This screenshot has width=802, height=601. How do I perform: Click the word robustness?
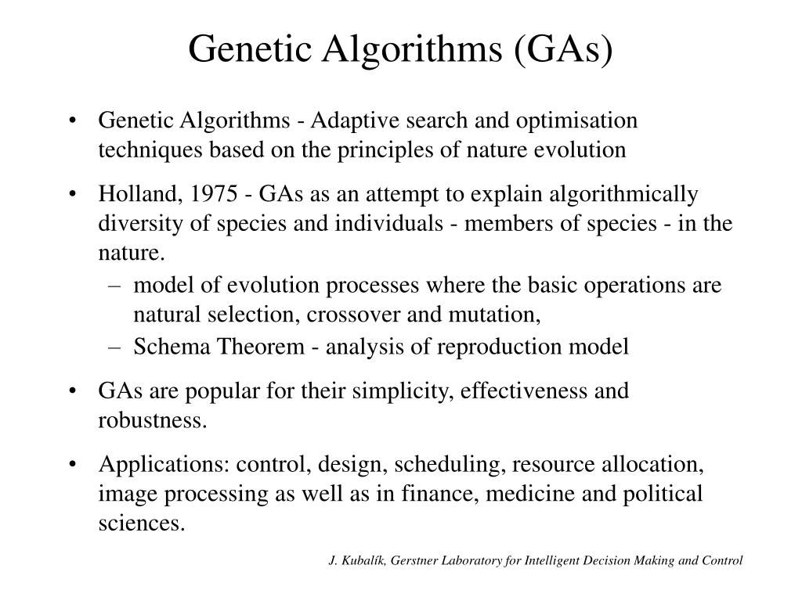(153, 420)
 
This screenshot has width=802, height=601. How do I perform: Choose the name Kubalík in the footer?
(363, 560)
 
